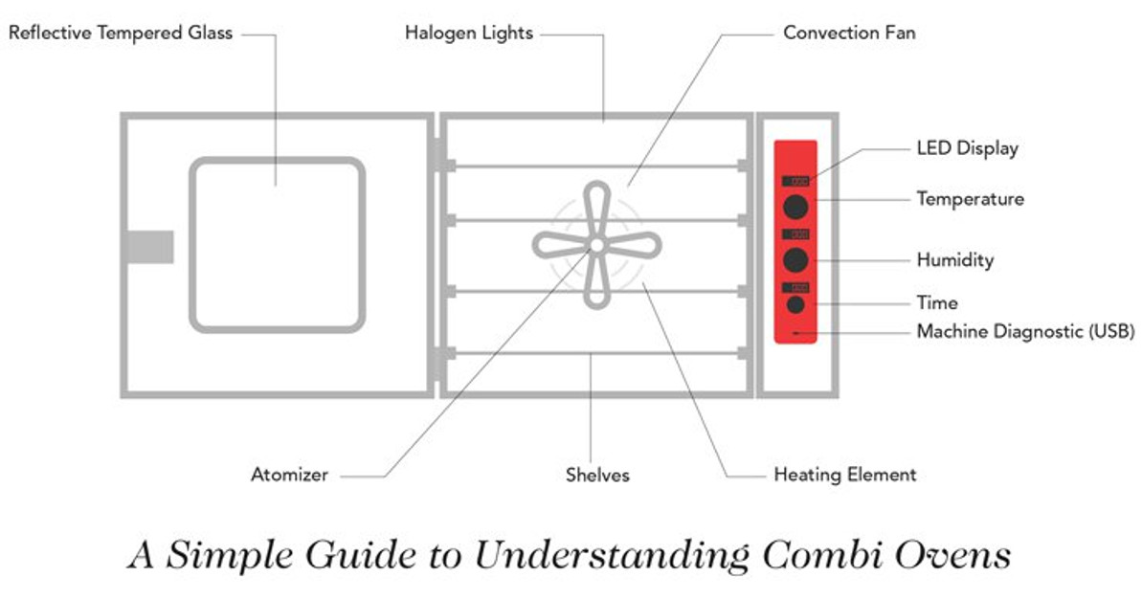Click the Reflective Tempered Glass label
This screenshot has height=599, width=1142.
pyautogui.click(x=120, y=33)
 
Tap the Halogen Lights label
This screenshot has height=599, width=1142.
pyautogui.click(x=468, y=33)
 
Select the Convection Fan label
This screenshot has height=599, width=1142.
pyautogui.click(x=849, y=33)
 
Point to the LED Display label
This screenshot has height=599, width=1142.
pyautogui.click(x=967, y=148)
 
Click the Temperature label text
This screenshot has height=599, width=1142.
pyautogui.click(x=970, y=199)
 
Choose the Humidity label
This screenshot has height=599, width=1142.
pyautogui.click(x=954, y=259)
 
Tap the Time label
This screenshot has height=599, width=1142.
pyautogui.click(x=936, y=302)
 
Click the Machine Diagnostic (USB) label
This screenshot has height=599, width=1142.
pyautogui.click(x=1025, y=332)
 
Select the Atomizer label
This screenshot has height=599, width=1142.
pyautogui.click(x=289, y=474)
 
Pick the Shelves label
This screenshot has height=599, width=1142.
pyautogui.click(x=597, y=474)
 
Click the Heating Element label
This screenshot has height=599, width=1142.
pyautogui.click(x=844, y=474)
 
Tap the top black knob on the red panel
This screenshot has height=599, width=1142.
pyautogui.click(x=795, y=206)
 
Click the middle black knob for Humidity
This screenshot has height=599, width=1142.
pyautogui.click(x=795, y=259)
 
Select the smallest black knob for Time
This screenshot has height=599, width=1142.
pyautogui.click(x=795, y=305)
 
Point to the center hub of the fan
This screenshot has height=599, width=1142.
pyautogui.click(x=595, y=246)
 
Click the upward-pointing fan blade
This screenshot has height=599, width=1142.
pyautogui.click(x=595, y=206)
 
